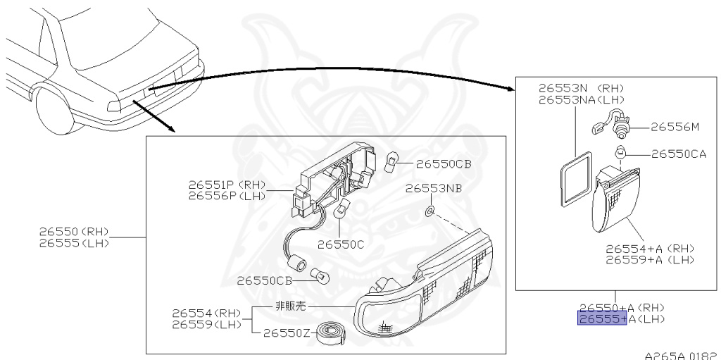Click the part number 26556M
(x=674, y=128)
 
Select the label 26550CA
(x=678, y=154)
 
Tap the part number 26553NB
(x=433, y=189)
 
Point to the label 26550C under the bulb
(x=341, y=244)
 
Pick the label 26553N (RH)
(x=582, y=89)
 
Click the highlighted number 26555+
(x=602, y=319)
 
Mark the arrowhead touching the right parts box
(x=510, y=88)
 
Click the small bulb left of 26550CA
(x=620, y=152)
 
